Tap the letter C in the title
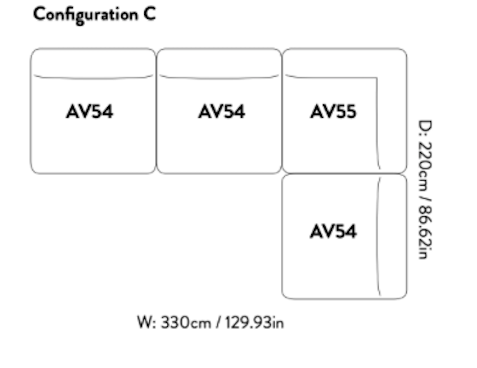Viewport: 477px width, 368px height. click(149, 15)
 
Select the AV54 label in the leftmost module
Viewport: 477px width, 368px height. click(89, 112)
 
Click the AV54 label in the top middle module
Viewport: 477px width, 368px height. click(221, 112)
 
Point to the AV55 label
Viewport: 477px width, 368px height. click(333, 112)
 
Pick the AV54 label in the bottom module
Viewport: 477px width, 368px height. click(333, 232)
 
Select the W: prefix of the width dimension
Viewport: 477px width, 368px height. click(146, 322)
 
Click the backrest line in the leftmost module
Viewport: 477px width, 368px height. click(93, 78)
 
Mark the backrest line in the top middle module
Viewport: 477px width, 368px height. click(219, 78)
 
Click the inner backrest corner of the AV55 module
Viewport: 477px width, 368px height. click(376, 78)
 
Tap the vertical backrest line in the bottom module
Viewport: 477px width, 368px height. click(379, 235)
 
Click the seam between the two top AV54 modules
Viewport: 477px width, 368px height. click(156, 111)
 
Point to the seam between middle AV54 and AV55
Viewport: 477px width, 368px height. click(282, 111)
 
